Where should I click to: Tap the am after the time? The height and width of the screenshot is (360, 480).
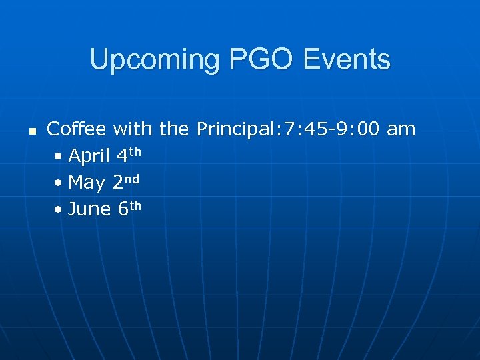point(401,129)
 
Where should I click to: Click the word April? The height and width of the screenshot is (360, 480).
point(89,156)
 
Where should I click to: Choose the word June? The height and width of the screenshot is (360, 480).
point(89,209)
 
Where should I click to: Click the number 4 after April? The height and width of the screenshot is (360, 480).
point(122,156)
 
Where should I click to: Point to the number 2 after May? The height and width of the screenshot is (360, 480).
point(118,183)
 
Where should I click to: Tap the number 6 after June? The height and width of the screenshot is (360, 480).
point(123,209)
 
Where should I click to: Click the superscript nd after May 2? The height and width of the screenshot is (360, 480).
point(133,178)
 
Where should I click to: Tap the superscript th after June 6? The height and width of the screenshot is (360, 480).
point(135,205)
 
